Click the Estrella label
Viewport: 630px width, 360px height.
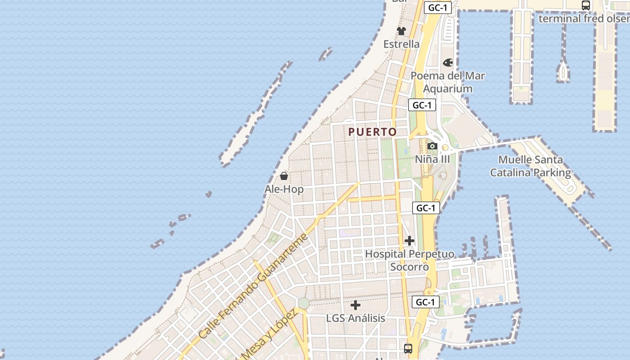coord(401,44)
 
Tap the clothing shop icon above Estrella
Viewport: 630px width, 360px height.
coord(401,31)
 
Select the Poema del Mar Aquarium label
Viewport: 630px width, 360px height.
coord(448,82)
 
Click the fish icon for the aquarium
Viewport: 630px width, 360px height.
coord(448,63)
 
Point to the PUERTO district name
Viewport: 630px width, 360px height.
coord(373,132)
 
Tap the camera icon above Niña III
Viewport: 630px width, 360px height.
coord(432,146)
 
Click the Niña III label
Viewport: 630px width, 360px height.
coord(432,159)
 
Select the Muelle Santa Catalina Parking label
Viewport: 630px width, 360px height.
coord(531,166)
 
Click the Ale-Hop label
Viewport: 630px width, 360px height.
coord(284,189)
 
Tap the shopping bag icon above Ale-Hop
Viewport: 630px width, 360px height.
coord(284,176)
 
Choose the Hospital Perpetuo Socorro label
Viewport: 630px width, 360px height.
coord(409,260)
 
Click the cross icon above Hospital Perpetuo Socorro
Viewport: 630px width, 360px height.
coord(409,241)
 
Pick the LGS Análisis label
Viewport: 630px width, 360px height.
coord(355,318)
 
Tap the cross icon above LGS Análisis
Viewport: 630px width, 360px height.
coord(355,305)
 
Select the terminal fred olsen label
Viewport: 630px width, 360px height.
coord(584,18)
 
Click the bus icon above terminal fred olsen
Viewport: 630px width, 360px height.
coord(586,5)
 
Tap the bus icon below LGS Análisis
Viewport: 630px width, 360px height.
coord(408,348)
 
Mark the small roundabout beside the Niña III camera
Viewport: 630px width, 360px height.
coord(445,148)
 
